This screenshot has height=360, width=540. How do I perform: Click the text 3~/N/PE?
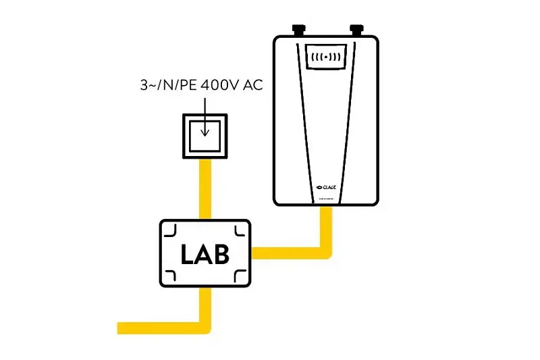click(161, 85)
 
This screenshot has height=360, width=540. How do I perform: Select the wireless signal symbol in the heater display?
click(326, 57)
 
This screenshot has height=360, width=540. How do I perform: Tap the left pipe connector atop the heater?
click(298, 30)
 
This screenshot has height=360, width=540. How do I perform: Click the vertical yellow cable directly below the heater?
click(327, 226)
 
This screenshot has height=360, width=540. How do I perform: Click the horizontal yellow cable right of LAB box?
click(287, 253)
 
